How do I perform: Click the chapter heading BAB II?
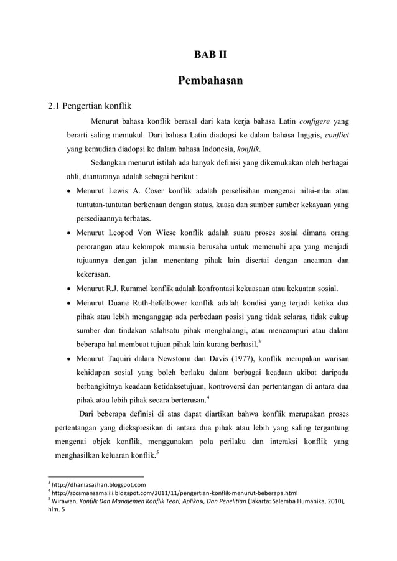tap(210, 55)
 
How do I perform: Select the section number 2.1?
tap(57, 104)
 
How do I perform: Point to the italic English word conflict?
tap(334, 136)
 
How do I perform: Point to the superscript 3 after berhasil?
tap(259, 341)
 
